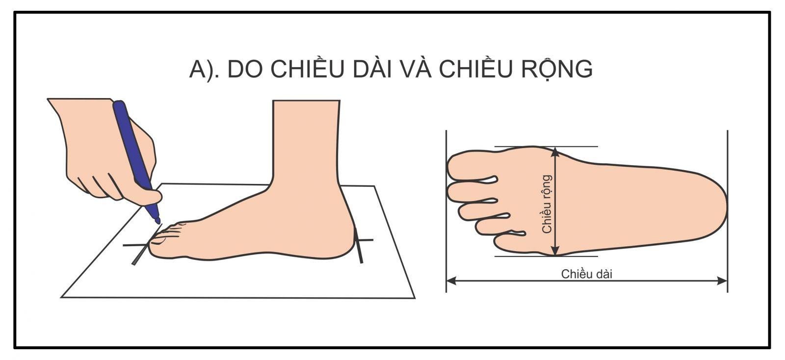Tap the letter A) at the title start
[203, 69]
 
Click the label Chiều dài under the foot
[587, 274]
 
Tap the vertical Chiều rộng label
[547, 204]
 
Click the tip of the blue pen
[157, 221]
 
